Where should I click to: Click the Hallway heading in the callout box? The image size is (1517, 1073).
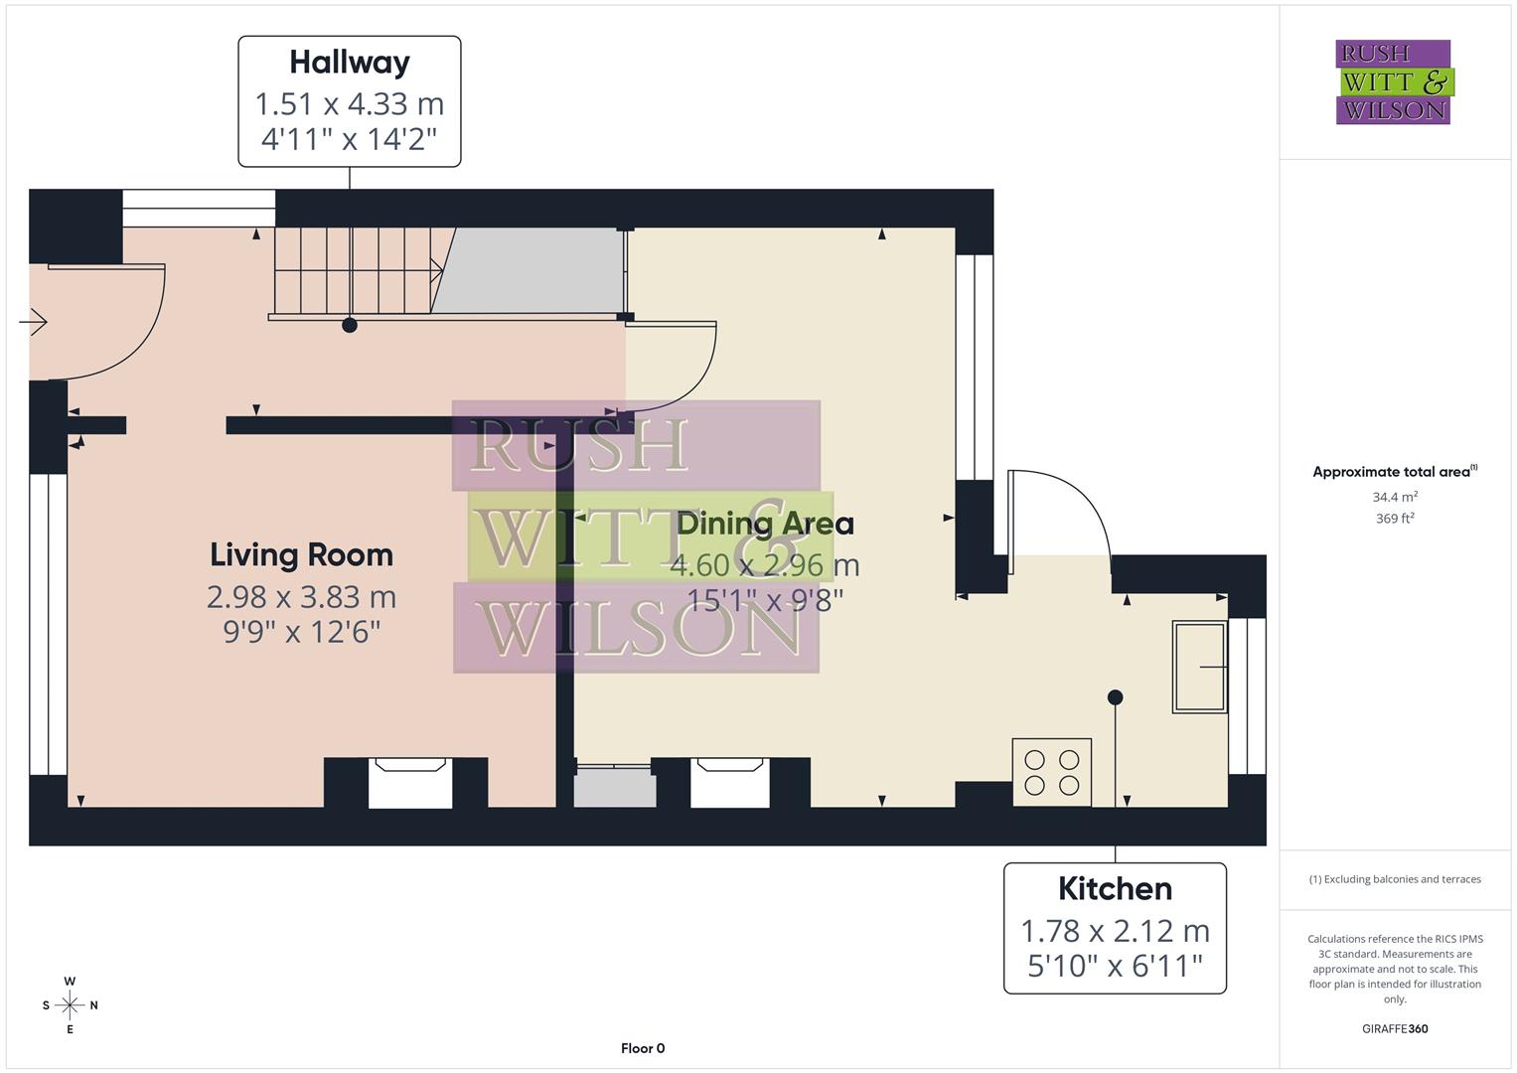(349, 63)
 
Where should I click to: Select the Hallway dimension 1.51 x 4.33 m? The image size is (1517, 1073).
(349, 103)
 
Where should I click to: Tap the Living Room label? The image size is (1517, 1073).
(301, 554)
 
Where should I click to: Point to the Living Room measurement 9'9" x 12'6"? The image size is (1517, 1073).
(301, 631)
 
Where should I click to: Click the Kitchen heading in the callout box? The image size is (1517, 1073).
(1115, 888)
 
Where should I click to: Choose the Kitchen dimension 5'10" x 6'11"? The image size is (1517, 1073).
(1115, 965)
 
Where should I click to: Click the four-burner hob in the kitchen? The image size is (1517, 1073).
(1051, 772)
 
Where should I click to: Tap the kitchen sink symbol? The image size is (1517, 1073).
(1199, 667)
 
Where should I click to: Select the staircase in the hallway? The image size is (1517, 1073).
(353, 270)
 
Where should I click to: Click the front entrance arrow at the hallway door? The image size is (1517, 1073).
(34, 322)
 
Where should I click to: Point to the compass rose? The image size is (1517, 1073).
(70, 1005)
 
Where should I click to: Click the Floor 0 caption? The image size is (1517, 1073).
(643, 1048)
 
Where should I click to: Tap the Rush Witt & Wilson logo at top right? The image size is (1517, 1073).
(1393, 82)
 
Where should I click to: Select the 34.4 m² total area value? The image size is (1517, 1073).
(1394, 497)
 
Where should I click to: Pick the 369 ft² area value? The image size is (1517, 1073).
(1394, 519)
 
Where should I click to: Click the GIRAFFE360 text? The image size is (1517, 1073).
(1394, 1028)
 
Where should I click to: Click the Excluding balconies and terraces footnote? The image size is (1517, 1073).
(1394, 879)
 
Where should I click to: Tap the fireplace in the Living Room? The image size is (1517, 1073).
(410, 783)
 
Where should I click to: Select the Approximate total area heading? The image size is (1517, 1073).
(1394, 472)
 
